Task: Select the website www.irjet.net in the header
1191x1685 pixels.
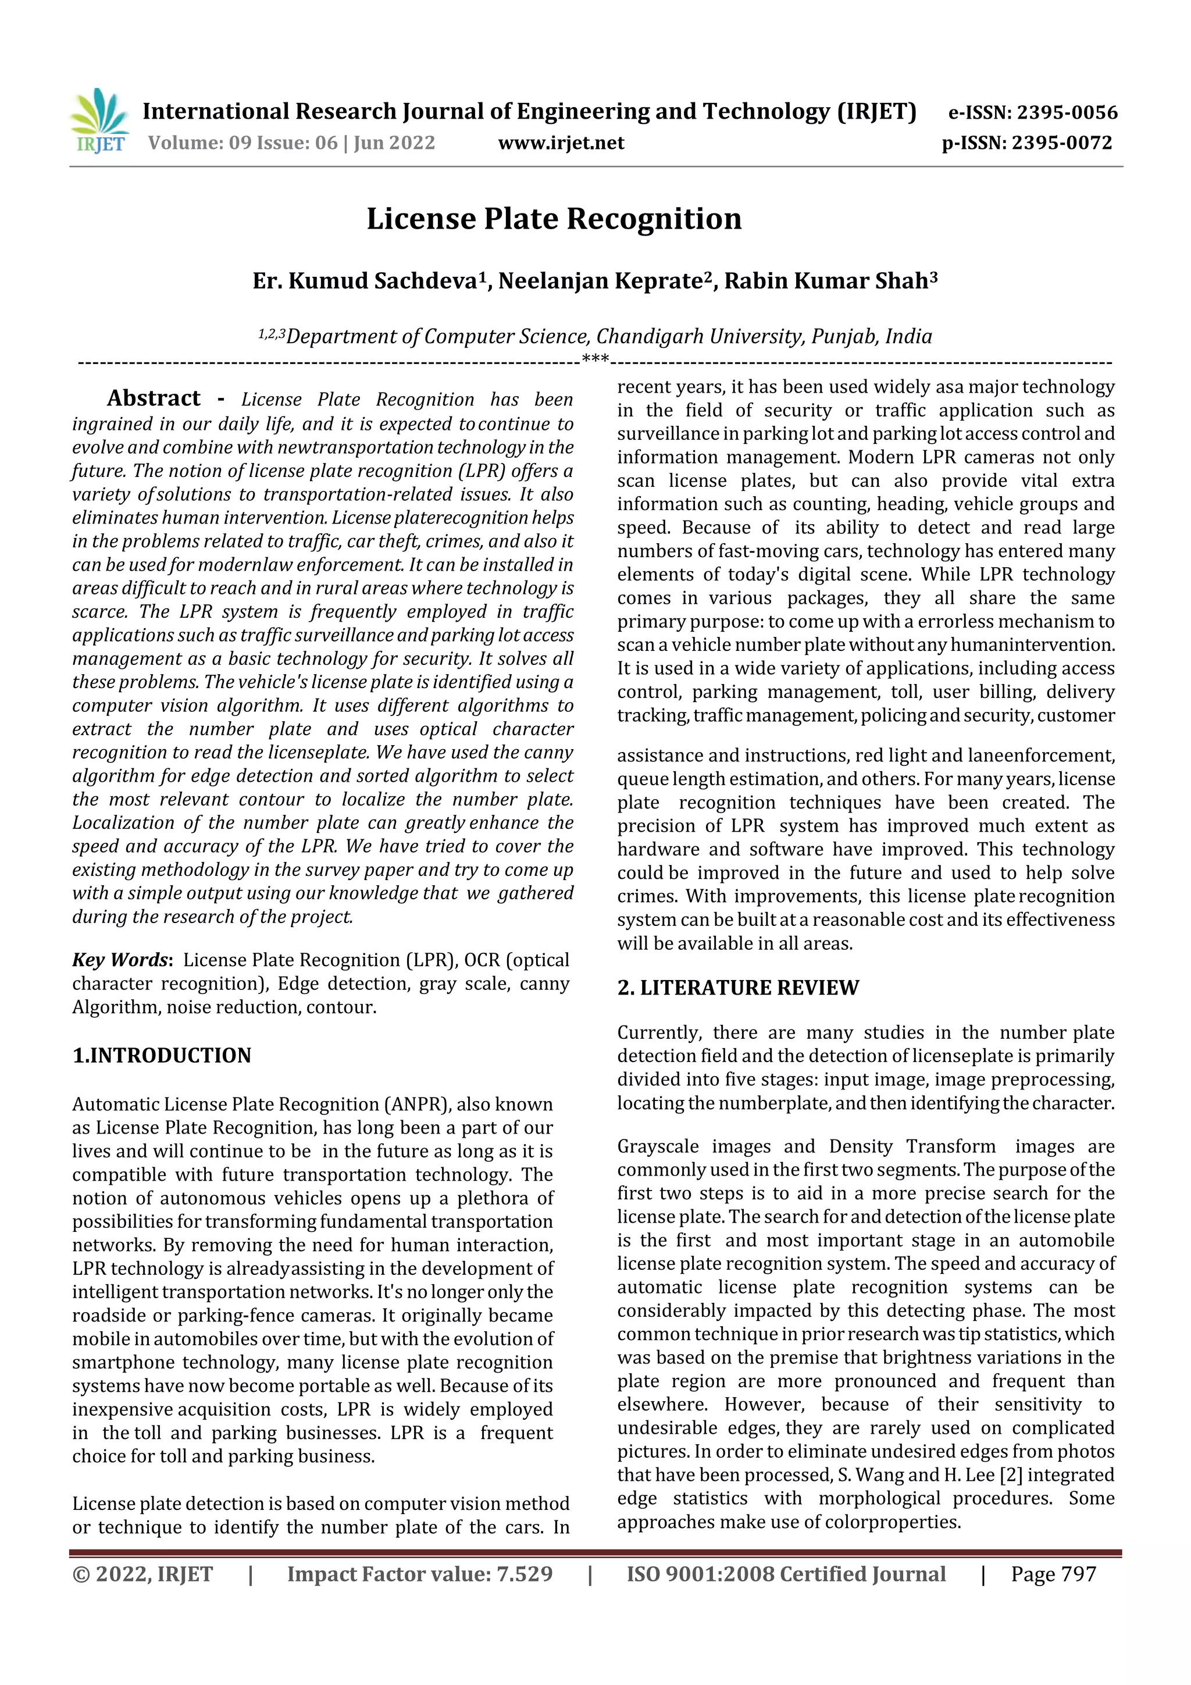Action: (x=561, y=143)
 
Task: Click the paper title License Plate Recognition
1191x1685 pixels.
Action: (x=554, y=219)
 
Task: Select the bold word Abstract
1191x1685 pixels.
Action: (x=154, y=398)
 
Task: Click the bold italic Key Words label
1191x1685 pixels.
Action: (x=121, y=960)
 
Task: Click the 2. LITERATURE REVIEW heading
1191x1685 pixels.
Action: (x=737, y=988)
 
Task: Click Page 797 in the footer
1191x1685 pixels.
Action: (x=1053, y=1574)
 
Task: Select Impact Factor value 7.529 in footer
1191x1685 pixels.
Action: (x=420, y=1574)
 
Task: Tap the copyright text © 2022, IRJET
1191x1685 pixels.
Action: (x=142, y=1574)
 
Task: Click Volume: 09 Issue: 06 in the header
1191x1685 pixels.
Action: (x=242, y=143)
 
